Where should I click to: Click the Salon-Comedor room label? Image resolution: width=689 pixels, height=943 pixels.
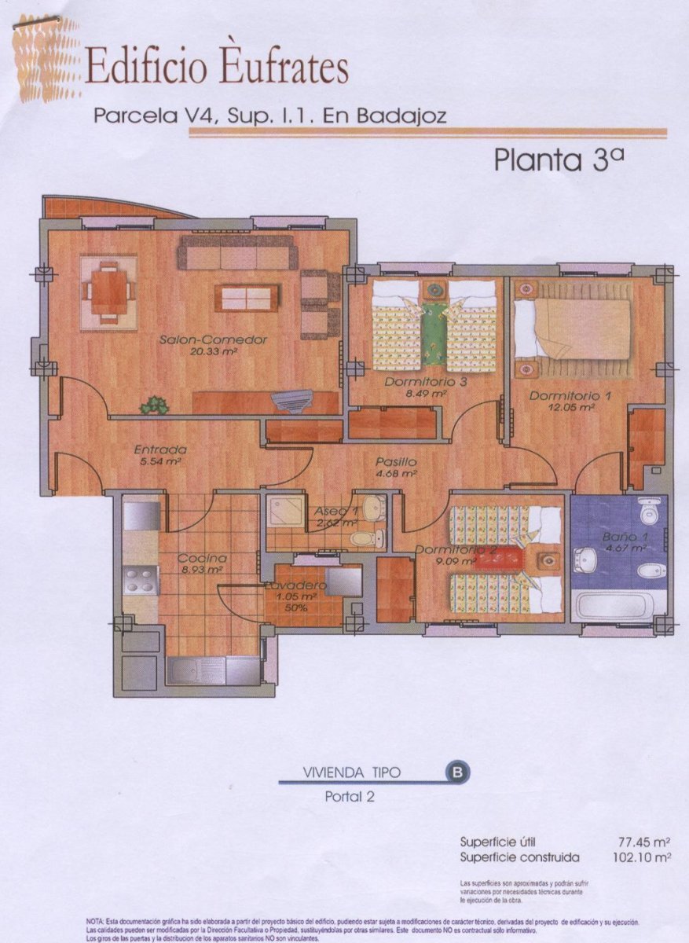pos(202,340)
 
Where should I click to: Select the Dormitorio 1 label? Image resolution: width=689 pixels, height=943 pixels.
pos(570,396)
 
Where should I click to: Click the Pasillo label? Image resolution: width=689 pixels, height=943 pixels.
pos(396,462)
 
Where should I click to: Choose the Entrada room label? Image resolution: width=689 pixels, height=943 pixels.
pos(160,449)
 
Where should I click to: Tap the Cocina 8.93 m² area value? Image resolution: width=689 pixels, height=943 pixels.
pos(200,570)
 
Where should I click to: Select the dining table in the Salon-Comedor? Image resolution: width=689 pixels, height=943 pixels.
pos(108,288)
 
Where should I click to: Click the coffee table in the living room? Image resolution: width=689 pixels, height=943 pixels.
pos(247,297)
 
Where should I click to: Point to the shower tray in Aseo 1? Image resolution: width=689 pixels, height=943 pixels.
pos(284,512)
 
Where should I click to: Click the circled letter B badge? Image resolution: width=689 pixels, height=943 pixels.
pos(457,772)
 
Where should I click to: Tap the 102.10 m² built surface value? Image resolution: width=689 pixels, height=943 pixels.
pos(643,857)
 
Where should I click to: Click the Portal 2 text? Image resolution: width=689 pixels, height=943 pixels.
pos(350,796)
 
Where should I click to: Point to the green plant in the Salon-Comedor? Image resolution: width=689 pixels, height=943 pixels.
pos(155,405)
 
